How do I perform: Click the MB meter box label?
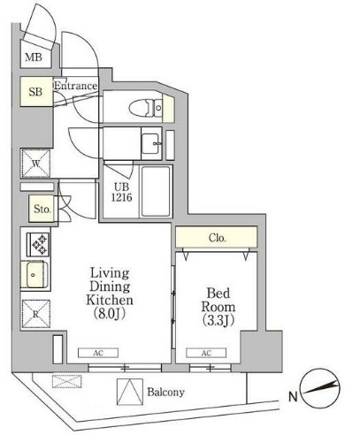tap(34, 57)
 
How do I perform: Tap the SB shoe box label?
tap(35, 92)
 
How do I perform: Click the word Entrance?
tap(76, 86)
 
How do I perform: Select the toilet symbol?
tap(146, 108)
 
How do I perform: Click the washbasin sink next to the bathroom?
tap(150, 143)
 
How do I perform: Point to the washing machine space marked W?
tap(36, 164)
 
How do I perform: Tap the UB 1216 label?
tap(121, 192)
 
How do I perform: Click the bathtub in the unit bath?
tap(156, 192)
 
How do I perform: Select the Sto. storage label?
tap(42, 209)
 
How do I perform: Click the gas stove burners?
tap(40, 245)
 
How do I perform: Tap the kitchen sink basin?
tap(35, 275)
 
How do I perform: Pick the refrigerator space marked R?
tap(36, 314)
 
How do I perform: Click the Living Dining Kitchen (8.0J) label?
tap(110, 294)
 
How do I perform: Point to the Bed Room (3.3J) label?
tap(218, 307)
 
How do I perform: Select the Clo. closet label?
tap(218, 238)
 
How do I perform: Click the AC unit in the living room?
tap(98, 353)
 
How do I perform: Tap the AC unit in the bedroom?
tap(206, 353)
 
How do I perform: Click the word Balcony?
tap(165, 392)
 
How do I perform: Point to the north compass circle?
tap(319, 388)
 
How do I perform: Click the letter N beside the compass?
tap(293, 397)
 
